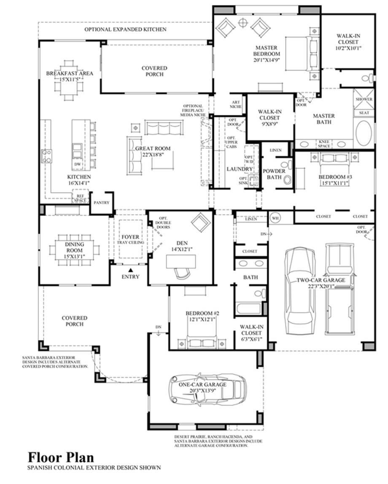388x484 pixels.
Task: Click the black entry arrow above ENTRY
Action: [130, 269]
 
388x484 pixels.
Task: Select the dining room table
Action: [74, 249]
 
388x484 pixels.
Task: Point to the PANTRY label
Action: [101, 203]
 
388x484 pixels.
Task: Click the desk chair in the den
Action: [182, 273]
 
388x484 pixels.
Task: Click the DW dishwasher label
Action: [77, 164]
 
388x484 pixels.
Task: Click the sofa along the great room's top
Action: [163, 127]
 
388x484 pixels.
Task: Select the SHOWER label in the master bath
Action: [364, 99]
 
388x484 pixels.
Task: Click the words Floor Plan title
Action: [61, 457]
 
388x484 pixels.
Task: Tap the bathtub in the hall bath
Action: [250, 308]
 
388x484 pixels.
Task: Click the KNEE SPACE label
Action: [324, 144]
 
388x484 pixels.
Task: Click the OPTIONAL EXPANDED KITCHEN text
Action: [125, 30]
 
